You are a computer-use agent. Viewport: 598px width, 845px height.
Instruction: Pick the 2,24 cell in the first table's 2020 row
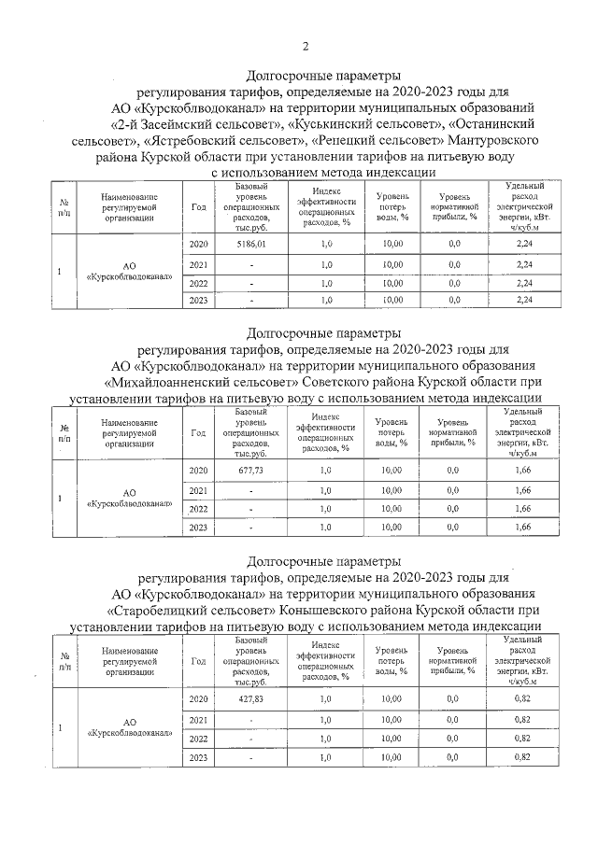point(523,244)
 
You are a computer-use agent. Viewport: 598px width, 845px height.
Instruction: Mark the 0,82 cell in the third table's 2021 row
point(523,719)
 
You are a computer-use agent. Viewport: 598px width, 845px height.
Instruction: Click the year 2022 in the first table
point(198,283)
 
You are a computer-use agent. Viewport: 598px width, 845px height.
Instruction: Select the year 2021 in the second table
point(198,491)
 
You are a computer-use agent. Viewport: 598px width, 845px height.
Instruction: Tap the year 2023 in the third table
point(198,757)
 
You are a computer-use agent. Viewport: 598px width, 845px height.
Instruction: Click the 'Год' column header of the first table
point(198,207)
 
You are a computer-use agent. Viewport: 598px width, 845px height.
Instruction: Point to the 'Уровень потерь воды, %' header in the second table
point(392,432)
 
